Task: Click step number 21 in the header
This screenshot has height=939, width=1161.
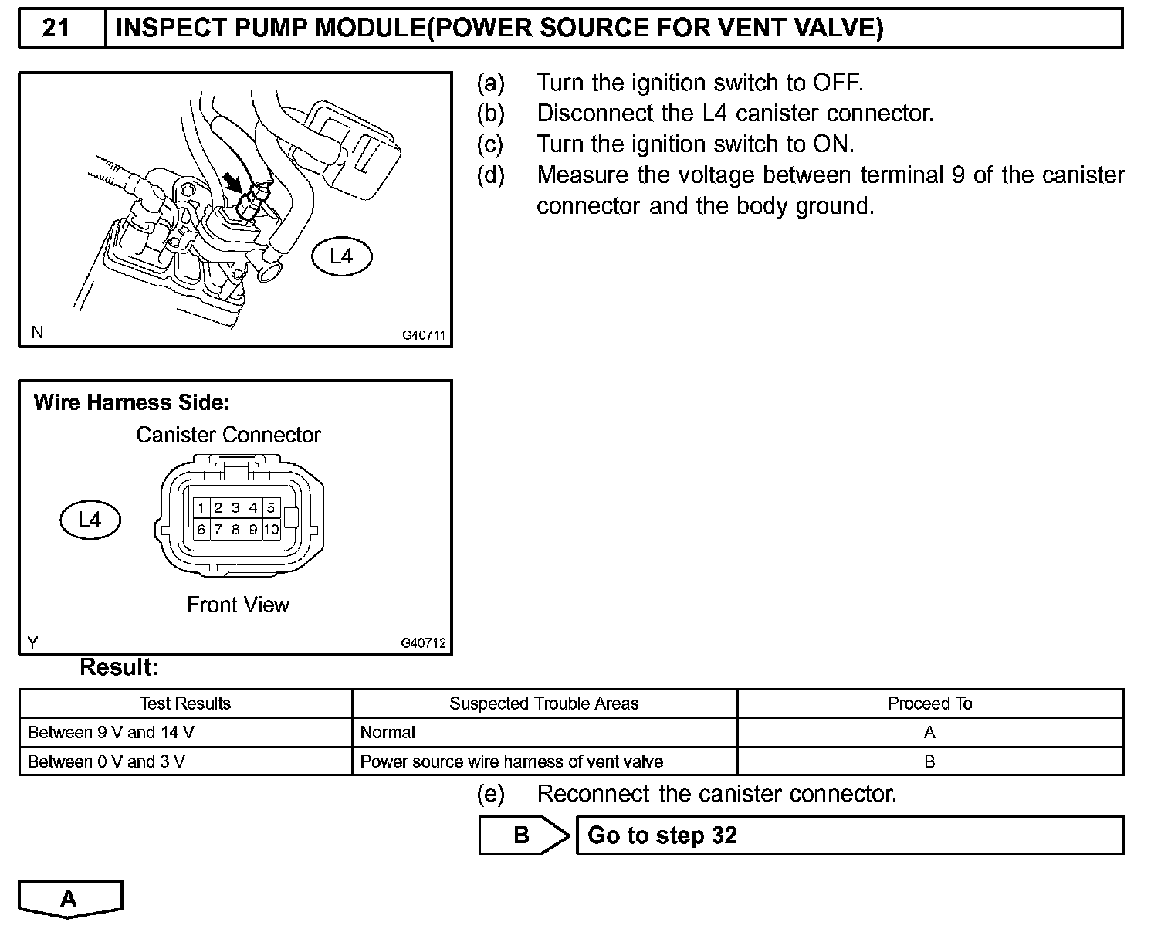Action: pyautogui.click(x=56, y=29)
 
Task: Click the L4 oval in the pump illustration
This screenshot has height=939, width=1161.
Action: pyautogui.click(x=341, y=256)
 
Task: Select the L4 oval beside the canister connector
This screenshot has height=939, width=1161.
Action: pyautogui.click(x=90, y=520)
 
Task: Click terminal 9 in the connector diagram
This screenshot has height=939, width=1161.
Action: pyautogui.click(x=253, y=530)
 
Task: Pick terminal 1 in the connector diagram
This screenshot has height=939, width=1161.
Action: pyautogui.click(x=201, y=507)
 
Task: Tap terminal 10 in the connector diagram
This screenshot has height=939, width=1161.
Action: pyautogui.click(x=271, y=530)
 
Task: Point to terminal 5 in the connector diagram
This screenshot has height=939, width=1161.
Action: pyautogui.click(x=271, y=507)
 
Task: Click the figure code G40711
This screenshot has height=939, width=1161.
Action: pyautogui.click(x=424, y=336)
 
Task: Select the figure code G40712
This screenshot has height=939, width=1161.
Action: pyautogui.click(x=424, y=643)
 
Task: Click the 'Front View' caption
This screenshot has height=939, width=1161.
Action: pyautogui.click(x=238, y=605)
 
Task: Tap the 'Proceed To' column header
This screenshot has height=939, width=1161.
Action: pyautogui.click(x=929, y=703)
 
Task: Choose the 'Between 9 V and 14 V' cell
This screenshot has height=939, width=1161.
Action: pyautogui.click(x=111, y=732)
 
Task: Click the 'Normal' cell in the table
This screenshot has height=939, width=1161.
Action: pyautogui.click(x=388, y=732)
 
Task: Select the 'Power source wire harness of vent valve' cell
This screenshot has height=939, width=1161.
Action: pyautogui.click(x=511, y=761)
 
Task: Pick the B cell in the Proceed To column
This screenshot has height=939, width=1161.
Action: pyautogui.click(x=929, y=761)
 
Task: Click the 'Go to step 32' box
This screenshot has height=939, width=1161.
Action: pyautogui.click(x=849, y=836)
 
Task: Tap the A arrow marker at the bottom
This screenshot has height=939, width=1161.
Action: pyautogui.click(x=69, y=899)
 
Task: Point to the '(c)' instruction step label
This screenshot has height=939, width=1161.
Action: pyautogui.click(x=490, y=144)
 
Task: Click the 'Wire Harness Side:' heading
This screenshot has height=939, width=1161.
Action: pyautogui.click(x=132, y=402)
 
